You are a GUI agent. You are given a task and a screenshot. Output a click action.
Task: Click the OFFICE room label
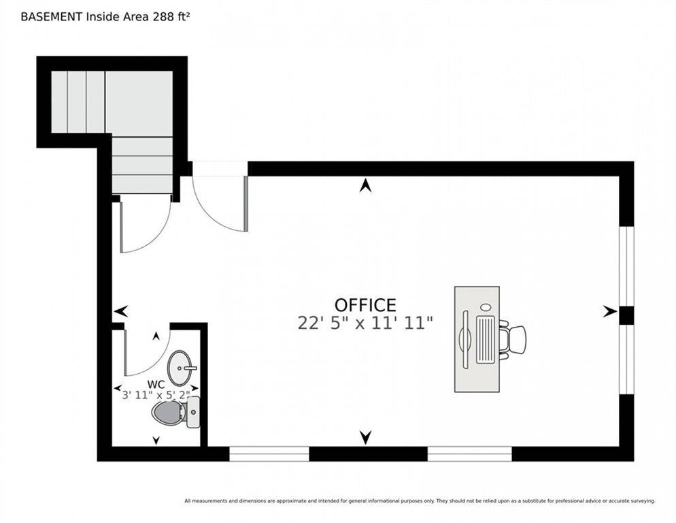[x=365, y=305]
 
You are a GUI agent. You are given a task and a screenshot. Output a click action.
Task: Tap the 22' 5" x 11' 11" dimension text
[x=365, y=323]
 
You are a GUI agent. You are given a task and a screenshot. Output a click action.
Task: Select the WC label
[x=156, y=384]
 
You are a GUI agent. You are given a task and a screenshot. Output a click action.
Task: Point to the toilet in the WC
[x=175, y=413]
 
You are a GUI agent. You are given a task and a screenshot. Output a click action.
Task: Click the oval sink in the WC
[x=180, y=368]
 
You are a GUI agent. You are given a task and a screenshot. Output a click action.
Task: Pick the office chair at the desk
[x=512, y=340]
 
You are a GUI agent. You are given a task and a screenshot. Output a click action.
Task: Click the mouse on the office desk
[x=486, y=307]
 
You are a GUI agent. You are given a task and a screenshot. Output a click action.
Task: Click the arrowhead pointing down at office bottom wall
[x=366, y=437]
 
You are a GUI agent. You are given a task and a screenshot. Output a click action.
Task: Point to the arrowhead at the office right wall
[x=610, y=311]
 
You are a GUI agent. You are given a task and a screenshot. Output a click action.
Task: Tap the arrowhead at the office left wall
[x=121, y=311]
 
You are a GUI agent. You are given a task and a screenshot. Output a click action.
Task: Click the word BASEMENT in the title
[x=52, y=17]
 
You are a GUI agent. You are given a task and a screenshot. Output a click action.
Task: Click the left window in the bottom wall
[x=269, y=454]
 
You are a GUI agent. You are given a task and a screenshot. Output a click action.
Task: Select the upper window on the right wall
[x=626, y=266]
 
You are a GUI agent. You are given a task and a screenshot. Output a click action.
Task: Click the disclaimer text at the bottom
[x=420, y=501]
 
